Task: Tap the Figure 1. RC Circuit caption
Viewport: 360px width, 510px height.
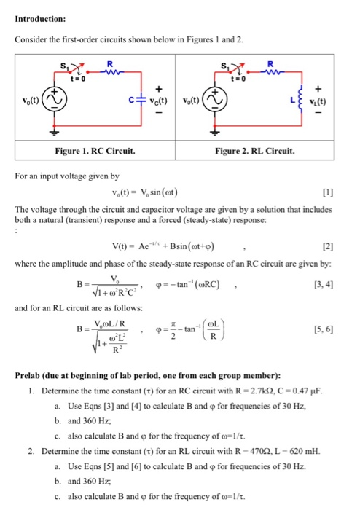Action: (101, 151)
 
